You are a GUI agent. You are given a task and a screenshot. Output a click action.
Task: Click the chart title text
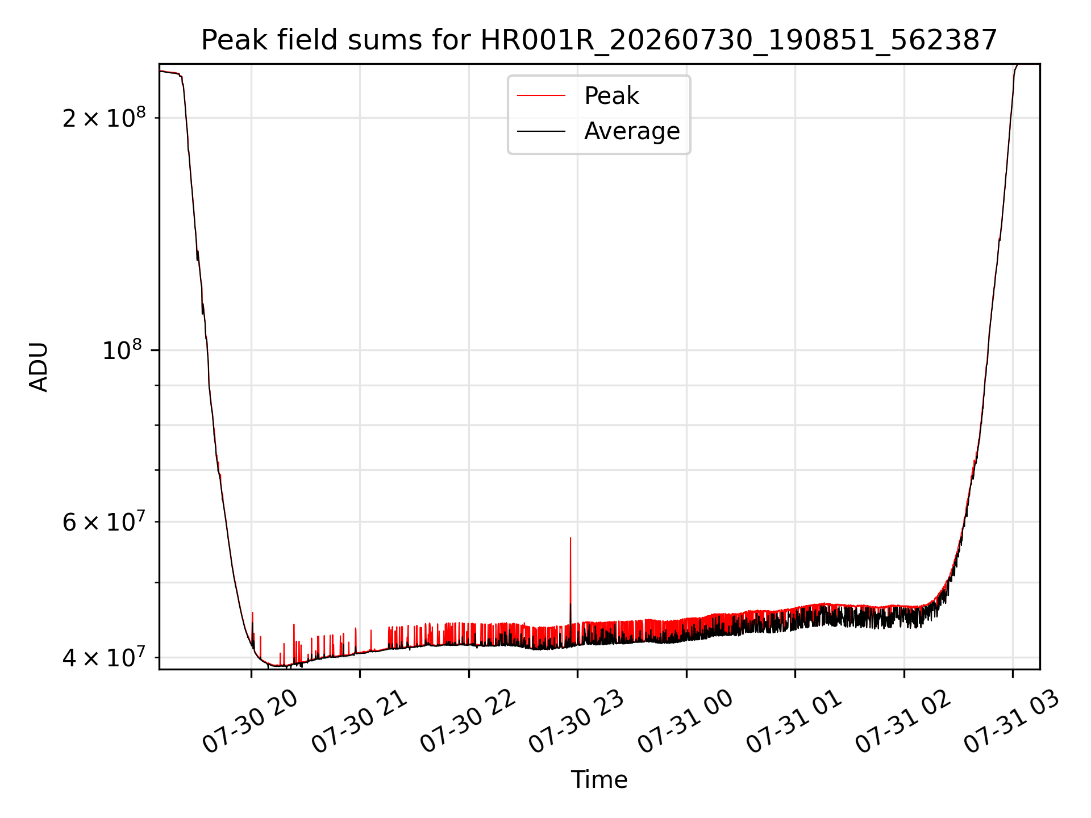point(599,40)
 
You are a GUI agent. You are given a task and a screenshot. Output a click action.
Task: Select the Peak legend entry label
point(611,96)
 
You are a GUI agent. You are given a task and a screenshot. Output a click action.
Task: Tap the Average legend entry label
point(632,131)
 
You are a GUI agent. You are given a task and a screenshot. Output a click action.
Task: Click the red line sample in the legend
point(541,96)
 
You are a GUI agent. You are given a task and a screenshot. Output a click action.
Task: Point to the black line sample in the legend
point(541,131)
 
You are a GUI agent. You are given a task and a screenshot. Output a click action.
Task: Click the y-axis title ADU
point(39,367)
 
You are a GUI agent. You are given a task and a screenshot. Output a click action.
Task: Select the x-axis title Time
point(599,780)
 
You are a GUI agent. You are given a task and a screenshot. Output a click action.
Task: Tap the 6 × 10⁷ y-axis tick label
point(104,520)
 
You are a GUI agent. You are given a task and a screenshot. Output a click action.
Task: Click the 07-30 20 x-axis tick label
point(251,722)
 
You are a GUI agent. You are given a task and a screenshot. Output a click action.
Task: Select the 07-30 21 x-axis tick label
point(360,722)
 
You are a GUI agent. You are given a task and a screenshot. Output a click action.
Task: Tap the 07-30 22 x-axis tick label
point(468,722)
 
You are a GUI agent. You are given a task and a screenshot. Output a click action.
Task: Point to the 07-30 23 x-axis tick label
point(577,722)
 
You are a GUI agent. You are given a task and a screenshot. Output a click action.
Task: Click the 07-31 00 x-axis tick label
point(686,722)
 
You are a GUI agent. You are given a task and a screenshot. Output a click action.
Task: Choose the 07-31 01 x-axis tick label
point(794,722)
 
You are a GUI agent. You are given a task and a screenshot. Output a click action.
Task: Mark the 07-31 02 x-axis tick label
point(903,722)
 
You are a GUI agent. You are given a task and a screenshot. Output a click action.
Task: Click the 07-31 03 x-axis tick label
point(1012,722)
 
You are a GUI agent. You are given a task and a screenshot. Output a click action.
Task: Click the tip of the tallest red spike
point(571,537)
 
